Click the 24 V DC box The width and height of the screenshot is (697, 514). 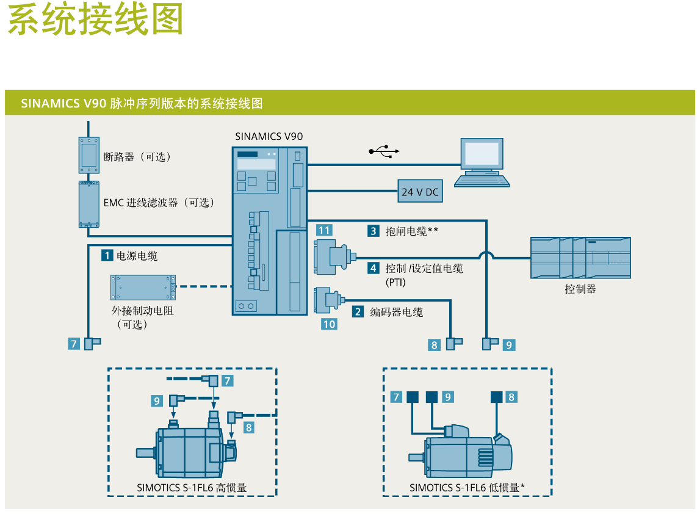[420, 192]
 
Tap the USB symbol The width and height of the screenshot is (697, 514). [384, 151]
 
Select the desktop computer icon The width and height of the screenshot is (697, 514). [482, 161]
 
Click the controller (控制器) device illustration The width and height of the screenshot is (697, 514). [580, 258]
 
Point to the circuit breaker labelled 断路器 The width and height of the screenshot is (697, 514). [89, 155]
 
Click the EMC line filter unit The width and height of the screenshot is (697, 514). [89, 204]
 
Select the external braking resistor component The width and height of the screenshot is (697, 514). [143, 287]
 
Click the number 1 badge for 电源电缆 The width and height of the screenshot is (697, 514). [107, 255]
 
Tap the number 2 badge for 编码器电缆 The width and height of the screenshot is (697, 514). [358, 311]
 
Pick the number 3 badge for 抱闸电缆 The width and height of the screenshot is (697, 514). [373, 231]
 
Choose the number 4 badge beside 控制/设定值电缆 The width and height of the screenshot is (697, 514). [373, 267]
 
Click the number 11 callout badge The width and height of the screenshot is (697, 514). [324, 230]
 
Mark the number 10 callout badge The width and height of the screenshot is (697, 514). [329, 324]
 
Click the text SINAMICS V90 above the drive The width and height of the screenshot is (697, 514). [269, 136]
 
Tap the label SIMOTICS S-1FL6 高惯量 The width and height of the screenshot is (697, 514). [192, 488]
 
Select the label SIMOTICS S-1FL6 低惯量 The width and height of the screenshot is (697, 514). [468, 488]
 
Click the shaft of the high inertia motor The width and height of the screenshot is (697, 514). [145, 453]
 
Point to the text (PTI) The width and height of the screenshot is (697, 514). [395, 283]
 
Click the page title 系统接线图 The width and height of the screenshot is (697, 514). [96, 20]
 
